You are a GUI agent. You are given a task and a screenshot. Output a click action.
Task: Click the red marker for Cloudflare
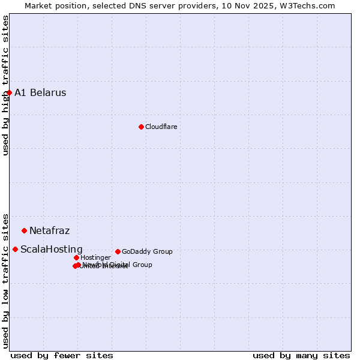coord(141,127)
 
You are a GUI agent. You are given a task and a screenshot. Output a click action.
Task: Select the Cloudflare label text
coord(161,127)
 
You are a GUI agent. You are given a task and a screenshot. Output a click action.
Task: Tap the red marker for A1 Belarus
coord(9,93)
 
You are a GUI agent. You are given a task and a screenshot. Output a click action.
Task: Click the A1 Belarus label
coord(40,93)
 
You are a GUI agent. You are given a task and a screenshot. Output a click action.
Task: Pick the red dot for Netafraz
coord(24,230)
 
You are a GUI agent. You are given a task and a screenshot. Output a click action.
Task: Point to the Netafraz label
coord(49,231)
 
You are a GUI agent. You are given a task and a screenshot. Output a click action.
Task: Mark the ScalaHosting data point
coord(15,249)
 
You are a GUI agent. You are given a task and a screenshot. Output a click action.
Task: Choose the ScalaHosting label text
coord(51,250)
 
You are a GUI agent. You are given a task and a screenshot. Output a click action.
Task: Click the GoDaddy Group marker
coord(118,251)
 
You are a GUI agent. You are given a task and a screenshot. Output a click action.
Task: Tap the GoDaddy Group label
coord(147,252)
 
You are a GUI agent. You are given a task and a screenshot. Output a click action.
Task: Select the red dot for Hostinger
coord(76,257)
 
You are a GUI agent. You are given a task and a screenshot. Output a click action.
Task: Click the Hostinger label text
coord(95,258)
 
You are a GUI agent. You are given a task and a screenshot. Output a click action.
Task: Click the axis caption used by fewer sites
coord(62,356)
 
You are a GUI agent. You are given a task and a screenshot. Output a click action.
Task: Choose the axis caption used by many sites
coord(301,356)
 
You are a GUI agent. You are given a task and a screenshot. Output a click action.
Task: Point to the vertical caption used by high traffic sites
coord(5,86)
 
